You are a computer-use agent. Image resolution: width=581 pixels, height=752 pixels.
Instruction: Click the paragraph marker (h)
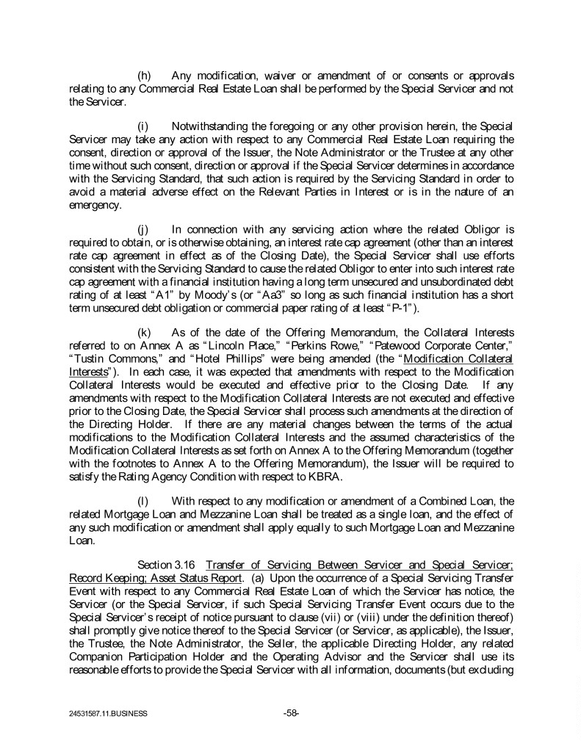click(x=145, y=76)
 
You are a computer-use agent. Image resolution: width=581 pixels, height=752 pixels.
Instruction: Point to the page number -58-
click(x=291, y=712)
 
